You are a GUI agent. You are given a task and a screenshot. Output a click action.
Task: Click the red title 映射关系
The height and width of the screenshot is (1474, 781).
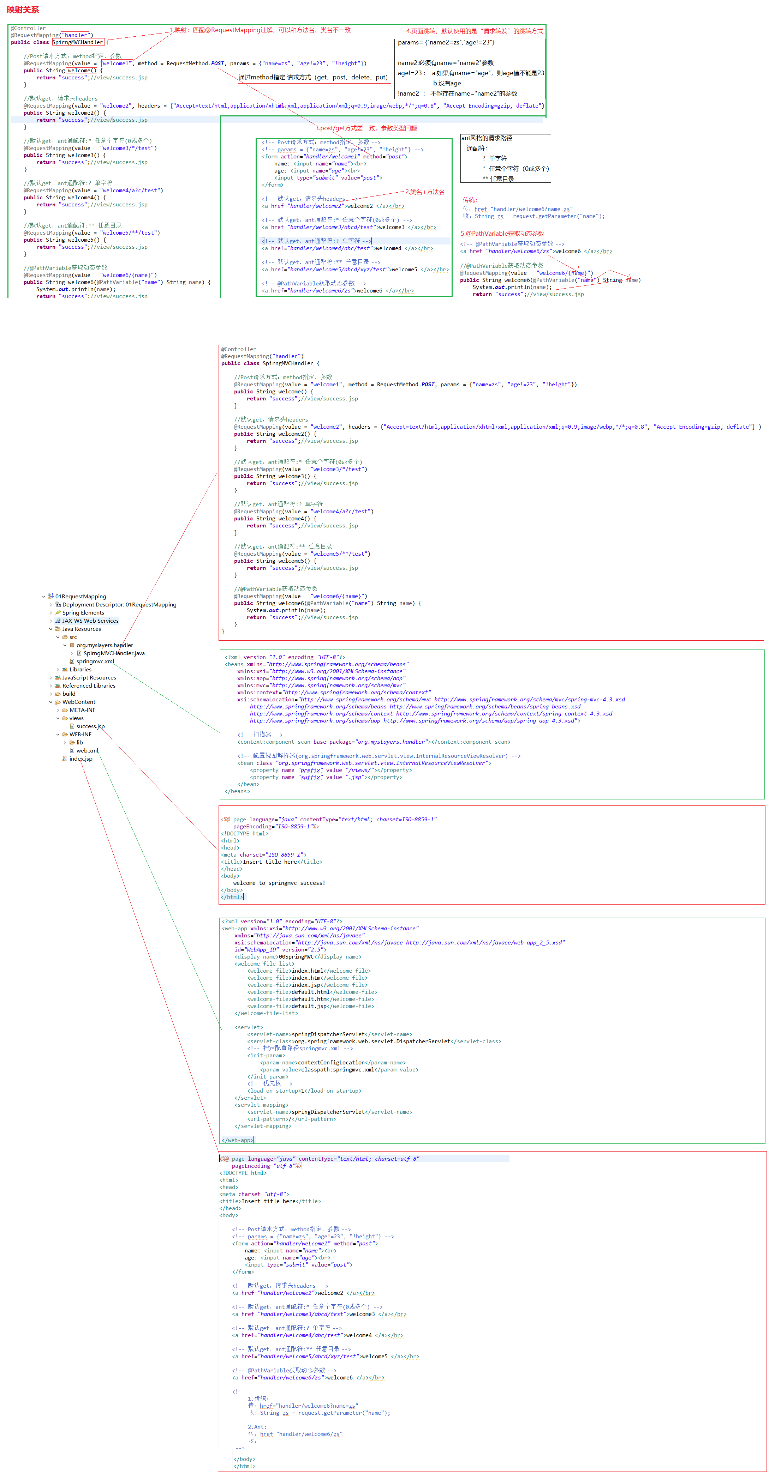tap(23, 10)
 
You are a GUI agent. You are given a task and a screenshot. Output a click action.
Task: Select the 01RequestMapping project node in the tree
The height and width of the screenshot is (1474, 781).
tap(80, 596)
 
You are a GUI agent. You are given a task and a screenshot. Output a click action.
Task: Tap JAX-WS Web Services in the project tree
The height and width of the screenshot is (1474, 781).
tap(90, 621)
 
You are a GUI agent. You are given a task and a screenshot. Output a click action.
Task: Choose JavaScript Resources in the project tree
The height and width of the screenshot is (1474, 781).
tap(89, 677)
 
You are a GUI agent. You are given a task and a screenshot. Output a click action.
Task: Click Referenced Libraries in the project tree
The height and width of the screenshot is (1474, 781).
tap(89, 685)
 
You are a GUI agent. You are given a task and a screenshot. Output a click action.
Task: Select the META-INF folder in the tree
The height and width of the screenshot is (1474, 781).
tap(82, 710)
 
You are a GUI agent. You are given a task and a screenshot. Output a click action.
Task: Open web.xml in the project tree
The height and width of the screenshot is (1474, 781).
tap(87, 751)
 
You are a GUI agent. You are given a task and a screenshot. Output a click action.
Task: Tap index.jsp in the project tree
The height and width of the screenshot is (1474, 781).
tap(81, 759)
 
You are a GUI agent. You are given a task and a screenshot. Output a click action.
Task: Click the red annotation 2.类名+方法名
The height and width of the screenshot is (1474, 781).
tap(425, 192)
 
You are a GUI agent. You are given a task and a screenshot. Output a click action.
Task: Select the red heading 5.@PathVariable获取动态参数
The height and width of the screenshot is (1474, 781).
tap(502, 234)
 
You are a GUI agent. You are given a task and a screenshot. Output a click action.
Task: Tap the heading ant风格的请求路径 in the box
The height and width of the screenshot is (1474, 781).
tap(487, 138)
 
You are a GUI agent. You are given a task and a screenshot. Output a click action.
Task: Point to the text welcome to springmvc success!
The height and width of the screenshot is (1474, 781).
tap(279, 883)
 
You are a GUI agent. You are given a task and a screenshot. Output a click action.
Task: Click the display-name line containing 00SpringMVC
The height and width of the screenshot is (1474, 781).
tap(298, 957)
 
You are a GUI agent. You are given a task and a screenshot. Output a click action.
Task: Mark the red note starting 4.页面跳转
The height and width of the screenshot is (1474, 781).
tap(475, 31)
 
